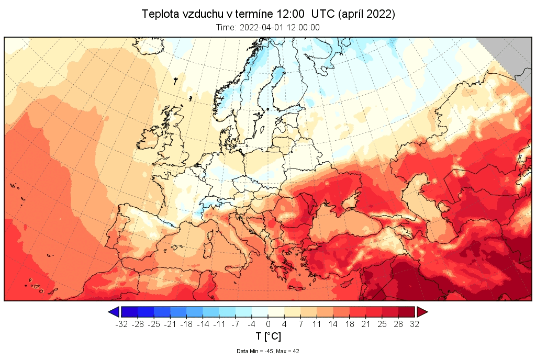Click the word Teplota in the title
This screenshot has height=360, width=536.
click(x=158, y=14)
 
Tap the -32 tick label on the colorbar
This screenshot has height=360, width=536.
click(x=121, y=324)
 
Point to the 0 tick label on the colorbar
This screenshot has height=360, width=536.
click(x=268, y=324)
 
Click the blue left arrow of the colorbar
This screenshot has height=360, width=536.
click(x=113, y=312)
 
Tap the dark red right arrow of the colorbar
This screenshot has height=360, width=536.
click(x=422, y=312)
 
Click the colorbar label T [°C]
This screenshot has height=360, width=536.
click(x=268, y=336)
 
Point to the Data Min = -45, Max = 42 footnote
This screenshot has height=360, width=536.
click(x=268, y=351)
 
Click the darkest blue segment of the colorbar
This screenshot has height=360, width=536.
click(x=129, y=312)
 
